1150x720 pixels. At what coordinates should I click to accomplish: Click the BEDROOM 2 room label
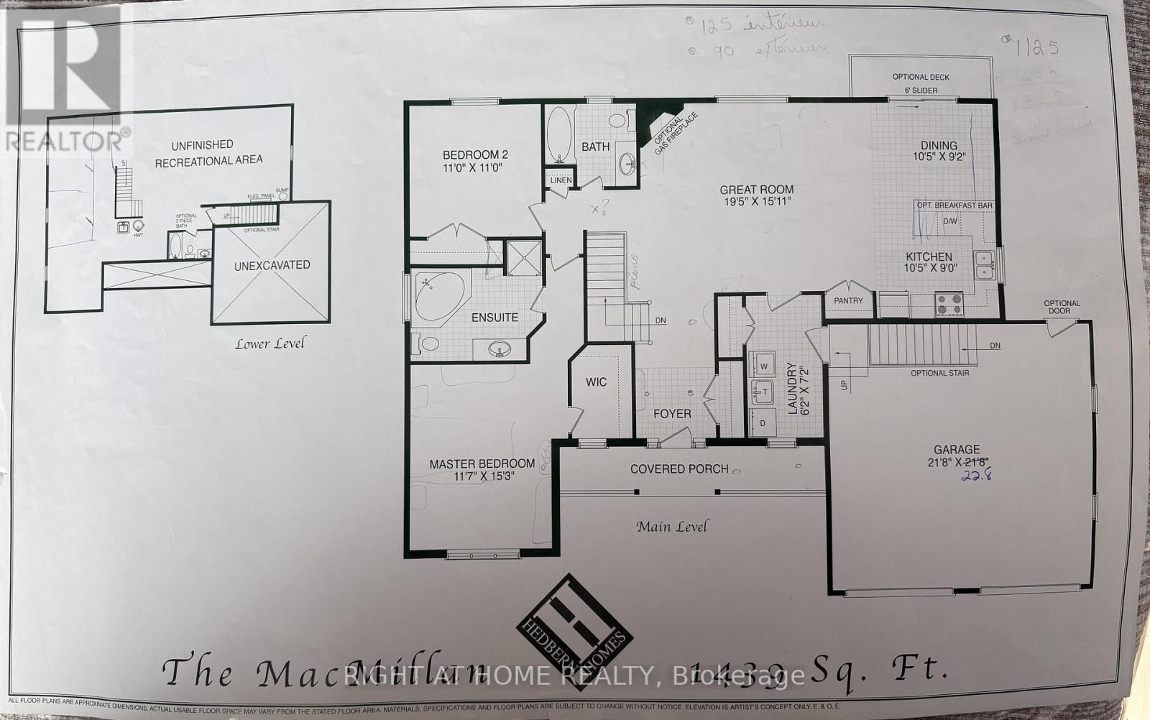point(475,154)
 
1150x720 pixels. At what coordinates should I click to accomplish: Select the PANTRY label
point(848,300)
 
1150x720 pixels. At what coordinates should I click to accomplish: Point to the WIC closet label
point(596,382)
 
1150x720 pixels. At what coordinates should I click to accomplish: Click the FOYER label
point(672,414)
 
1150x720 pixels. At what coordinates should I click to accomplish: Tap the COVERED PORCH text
point(679,469)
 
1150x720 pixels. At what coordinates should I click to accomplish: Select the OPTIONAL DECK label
point(921,77)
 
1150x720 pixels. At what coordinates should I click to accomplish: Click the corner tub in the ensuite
point(438,296)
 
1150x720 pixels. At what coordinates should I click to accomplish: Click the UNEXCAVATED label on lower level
point(272,265)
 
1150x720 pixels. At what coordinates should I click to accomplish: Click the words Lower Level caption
point(270,343)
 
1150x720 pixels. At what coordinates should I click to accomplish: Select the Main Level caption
point(671,527)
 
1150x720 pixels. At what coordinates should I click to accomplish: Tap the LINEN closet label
point(561,180)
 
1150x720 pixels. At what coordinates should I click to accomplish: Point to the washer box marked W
point(763,366)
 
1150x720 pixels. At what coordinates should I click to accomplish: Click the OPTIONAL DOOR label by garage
point(1061,307)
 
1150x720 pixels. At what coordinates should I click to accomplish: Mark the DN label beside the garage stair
point(995,346)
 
